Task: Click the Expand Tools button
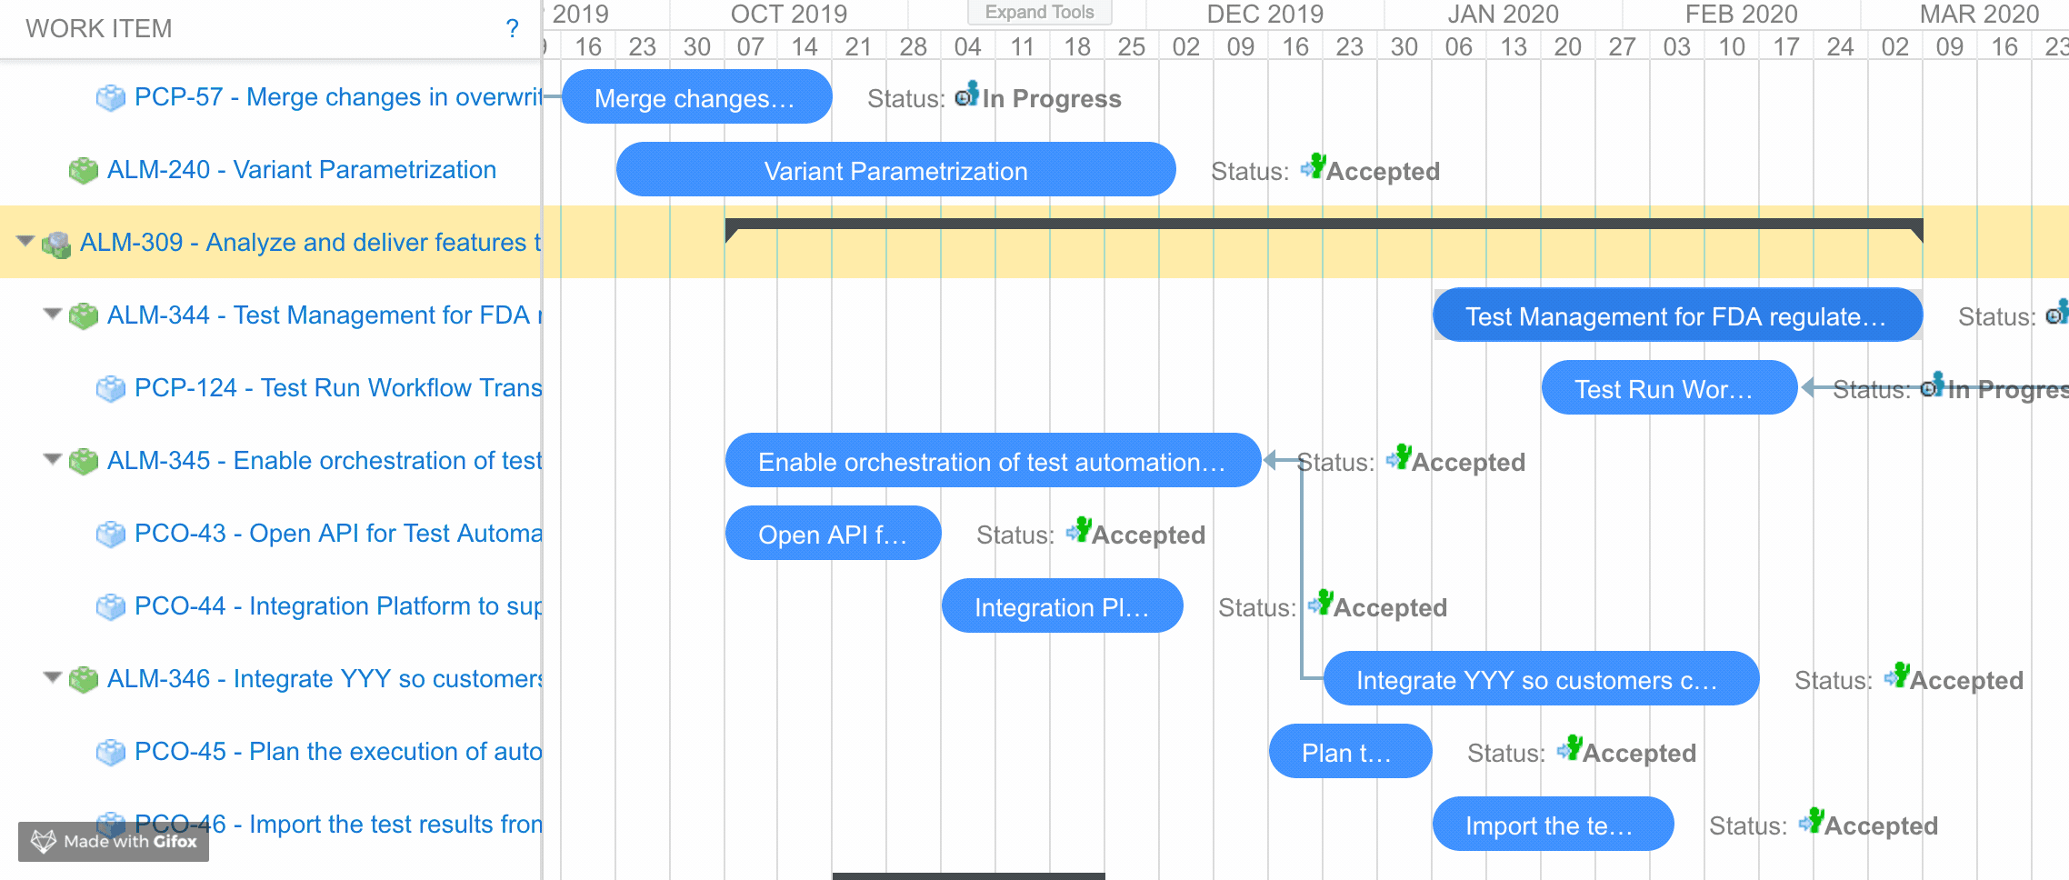pyautogui.click(x=1039, y=13)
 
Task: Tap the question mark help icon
pyautogui.click(x=513, y=29)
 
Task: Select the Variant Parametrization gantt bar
pyautogui.click(x=895, y=170)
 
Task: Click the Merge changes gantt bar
pyautogui.click(x=696, y=97)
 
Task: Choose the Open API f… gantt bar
pyautogui.click(x=833, y=534)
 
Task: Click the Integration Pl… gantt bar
pyautogui.click(x=1062, y=606)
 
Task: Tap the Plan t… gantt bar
pyautogui.click(x=1350, y=752)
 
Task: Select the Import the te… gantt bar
pyautogui.click(x=1553, y=825)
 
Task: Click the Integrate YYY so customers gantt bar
pyautogui.click(x=1541, y=679)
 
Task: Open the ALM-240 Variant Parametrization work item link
pyautogui.click(x=301, y=170)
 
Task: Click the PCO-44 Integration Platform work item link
pyautogui.click(x=337, y=606)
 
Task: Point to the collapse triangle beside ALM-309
pyautogui.click(x=25, y=241)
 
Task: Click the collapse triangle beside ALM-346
pyautogui.click(x=53, y=677)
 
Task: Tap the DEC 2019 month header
pyautogui.click(x=1264, y=15)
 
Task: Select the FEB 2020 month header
pyautogui.click(x=1741, y=15)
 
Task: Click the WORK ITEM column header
pyautogui.click(x=98, y=29)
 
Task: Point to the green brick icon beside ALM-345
pyautogui.click(x=84, y=461)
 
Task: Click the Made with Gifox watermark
pyautogui.click(x=114, y=841)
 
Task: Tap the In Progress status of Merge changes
pyautogui.click(x=1051, y=98)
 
